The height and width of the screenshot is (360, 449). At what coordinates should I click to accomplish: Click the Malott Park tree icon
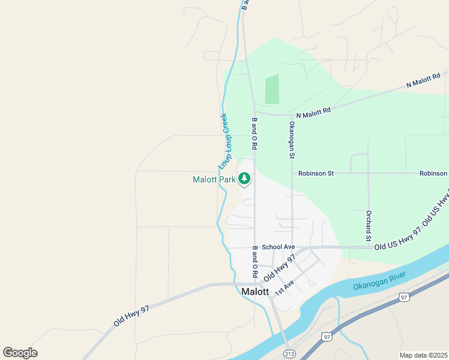tap(244, 178)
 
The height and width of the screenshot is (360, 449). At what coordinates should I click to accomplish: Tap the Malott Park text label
tap(214, 179)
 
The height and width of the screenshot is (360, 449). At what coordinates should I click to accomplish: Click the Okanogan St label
tap(292, 140)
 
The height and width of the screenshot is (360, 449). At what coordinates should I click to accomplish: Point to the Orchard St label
tap(369, 223)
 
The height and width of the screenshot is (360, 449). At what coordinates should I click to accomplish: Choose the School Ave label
tap(279, 247)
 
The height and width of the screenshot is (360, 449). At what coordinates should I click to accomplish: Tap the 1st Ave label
tap(285, 287)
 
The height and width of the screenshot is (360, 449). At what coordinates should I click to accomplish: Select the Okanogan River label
tap(379, 280)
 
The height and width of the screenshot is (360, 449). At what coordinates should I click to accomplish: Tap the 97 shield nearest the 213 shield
tap(327, 337)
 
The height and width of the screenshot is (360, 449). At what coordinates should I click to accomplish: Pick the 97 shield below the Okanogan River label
tap(404, 296)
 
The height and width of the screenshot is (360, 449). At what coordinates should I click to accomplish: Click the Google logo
tap(20, 353)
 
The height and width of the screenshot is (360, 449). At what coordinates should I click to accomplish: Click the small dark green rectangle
tap(272, 89)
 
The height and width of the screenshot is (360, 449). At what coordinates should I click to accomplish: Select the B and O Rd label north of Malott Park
tap(255, 133)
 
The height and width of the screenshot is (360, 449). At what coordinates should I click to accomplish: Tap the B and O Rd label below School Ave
tap(255, 261)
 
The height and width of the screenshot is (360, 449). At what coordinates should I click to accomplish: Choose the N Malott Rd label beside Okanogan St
tap(313, 112)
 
